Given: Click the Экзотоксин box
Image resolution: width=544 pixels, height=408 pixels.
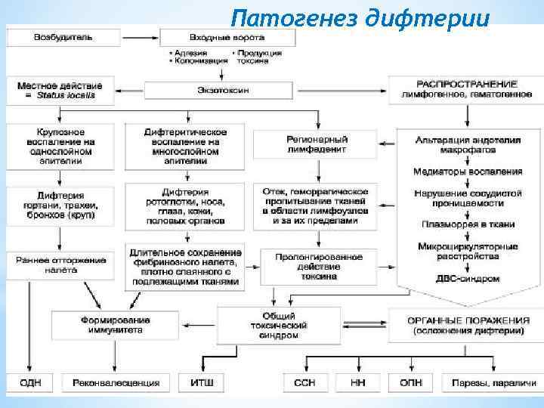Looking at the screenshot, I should click(x=218, y=90).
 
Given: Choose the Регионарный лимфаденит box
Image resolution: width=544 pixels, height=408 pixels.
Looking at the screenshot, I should click(x=317, y=144).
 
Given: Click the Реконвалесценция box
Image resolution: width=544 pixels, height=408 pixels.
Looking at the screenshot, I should click(x=116, y=383).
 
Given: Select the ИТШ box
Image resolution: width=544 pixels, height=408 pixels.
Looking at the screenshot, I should click(x=199, y=383).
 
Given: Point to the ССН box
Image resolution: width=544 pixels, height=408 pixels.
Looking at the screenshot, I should click(x=304, y=383).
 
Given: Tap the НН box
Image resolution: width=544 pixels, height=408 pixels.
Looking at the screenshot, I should click(x=358, y=383).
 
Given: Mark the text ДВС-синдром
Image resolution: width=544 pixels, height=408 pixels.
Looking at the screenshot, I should click(x=468, y=278).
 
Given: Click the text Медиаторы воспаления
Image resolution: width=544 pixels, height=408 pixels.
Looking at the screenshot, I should click(x=468, y=172).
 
